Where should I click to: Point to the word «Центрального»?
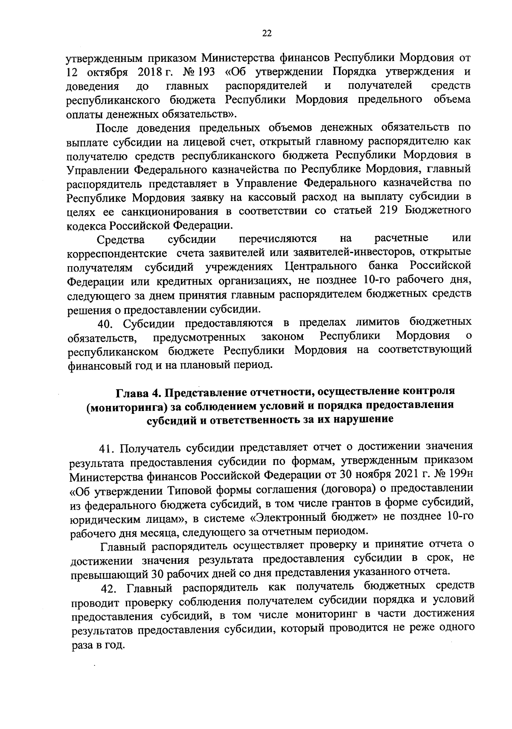[320, 267]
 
